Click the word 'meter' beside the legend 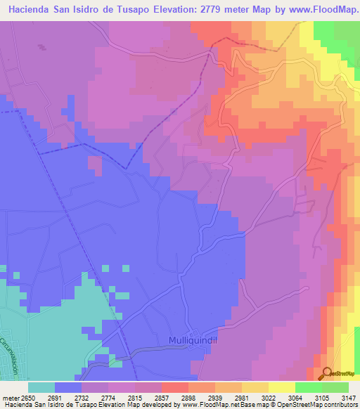point(11,397)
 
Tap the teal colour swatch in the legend point(41,387)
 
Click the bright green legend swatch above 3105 point(309,387)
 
